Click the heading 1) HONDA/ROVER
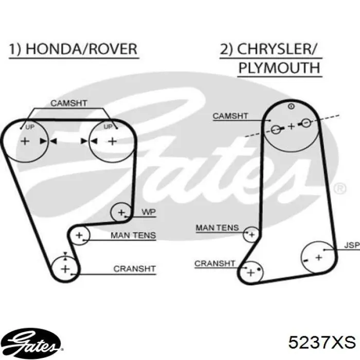73,49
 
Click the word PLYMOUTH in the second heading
279,68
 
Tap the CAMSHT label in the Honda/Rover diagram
68,103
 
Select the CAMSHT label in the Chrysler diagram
230,116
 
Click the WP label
149,212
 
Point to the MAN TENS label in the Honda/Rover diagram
133,236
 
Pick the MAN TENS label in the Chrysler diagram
217,228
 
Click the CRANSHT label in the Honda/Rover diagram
135,268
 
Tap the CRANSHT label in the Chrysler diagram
214,263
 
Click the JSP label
352,245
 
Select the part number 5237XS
322,343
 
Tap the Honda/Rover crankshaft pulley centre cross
65,269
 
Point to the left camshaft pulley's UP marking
30,127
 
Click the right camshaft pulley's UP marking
108,127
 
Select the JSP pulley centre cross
319,258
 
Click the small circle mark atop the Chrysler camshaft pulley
291,106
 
